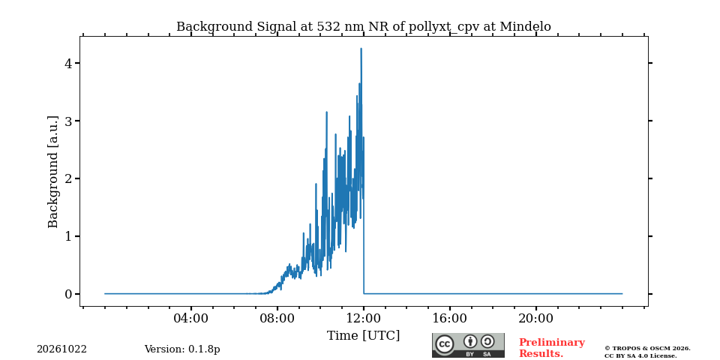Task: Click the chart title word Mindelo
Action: [x=525, y=27]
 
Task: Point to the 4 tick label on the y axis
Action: [x=69, y=63]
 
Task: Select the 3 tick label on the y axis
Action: [x=69, y=121]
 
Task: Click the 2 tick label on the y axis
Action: [x=69, y=178]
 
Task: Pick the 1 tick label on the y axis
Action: [x=69, y=236]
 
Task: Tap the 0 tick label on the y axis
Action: [x=69, y=294]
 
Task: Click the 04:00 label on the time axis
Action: [x=191, y=318]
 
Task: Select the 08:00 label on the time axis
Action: [x=277, y=318]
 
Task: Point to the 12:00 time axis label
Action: [x=364, y=318]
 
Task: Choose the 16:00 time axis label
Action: [x=449, y=318]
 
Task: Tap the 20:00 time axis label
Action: [x=535, y=318]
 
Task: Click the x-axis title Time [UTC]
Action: [x=363, y=336]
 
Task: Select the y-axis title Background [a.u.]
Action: [x=53, y=172]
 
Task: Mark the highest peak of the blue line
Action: [x=361, y=48]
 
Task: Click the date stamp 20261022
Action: [x=61, y=349]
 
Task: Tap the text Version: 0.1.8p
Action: [x=182, y=349]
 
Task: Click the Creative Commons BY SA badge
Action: [x=468, y=345]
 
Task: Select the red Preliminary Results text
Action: [x=552, y=348]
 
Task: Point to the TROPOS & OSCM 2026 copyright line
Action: [x=647, y=349]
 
